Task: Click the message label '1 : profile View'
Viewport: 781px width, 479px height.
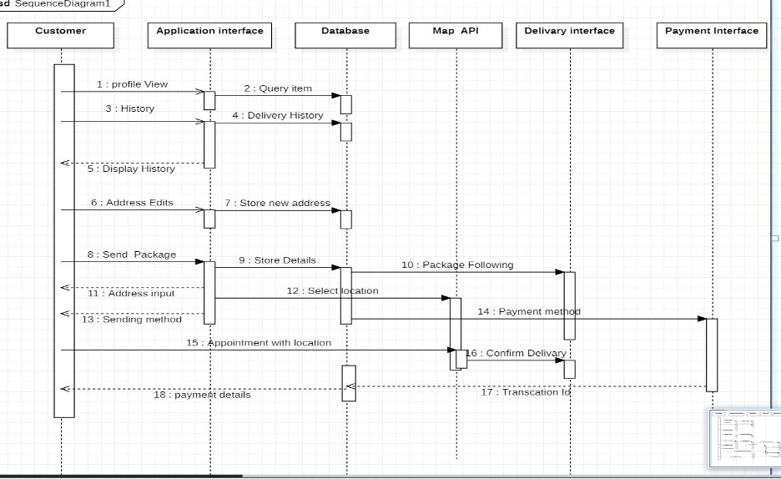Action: click(132, 84)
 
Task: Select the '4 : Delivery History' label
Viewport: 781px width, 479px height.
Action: click(278, 116)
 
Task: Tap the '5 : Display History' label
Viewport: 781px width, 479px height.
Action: click(131, 169)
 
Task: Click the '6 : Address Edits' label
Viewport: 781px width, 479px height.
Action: click(132, 203)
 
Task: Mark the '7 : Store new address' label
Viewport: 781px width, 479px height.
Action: click(277, 203)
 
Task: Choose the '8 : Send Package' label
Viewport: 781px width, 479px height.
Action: click(132, 255)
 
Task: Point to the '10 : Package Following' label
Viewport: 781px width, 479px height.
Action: click(457, 265)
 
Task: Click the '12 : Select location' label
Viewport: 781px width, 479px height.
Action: click(332, 291)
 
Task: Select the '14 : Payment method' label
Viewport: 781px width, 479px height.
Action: click(529, 312)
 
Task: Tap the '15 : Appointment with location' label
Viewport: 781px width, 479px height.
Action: click(259, 343)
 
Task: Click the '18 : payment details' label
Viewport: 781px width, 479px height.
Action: click(202, 395)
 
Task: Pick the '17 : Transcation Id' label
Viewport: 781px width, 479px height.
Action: click(526, 392)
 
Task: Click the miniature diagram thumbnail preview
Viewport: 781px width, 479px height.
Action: click(745, 438)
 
